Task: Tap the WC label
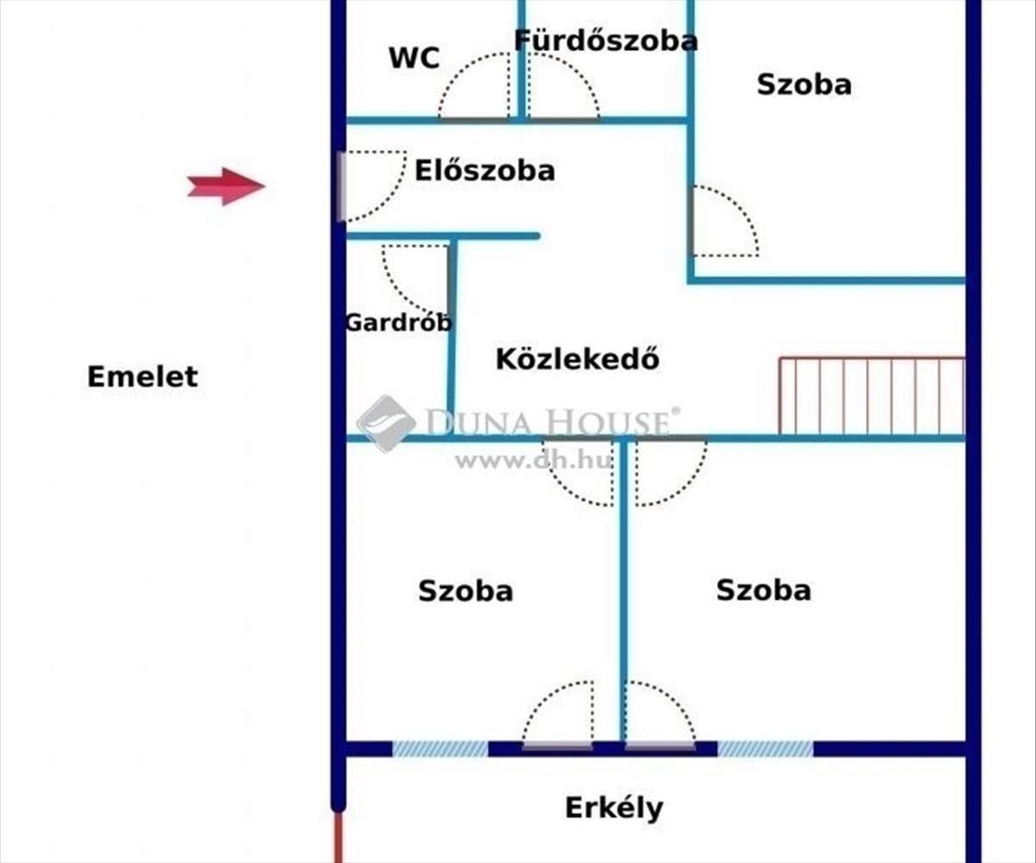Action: (414, 58)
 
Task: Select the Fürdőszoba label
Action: (605, 40)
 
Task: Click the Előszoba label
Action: (484, 170)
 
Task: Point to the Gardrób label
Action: (398, 323)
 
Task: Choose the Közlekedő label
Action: (577, 358)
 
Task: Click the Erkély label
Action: (614, 809)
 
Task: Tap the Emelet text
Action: (142, 376)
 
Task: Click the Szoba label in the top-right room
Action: (804, 85)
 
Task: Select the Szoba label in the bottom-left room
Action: (465, 591)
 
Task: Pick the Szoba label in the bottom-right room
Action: (763, 590)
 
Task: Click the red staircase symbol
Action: (871, 395)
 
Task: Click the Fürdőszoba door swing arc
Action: (564, 86)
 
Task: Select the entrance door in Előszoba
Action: (343, 186)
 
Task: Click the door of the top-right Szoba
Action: (723, 222)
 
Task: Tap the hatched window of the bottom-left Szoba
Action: (440, 748)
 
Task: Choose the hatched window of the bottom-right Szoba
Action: (765, 748)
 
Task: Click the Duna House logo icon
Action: (386, 423)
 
